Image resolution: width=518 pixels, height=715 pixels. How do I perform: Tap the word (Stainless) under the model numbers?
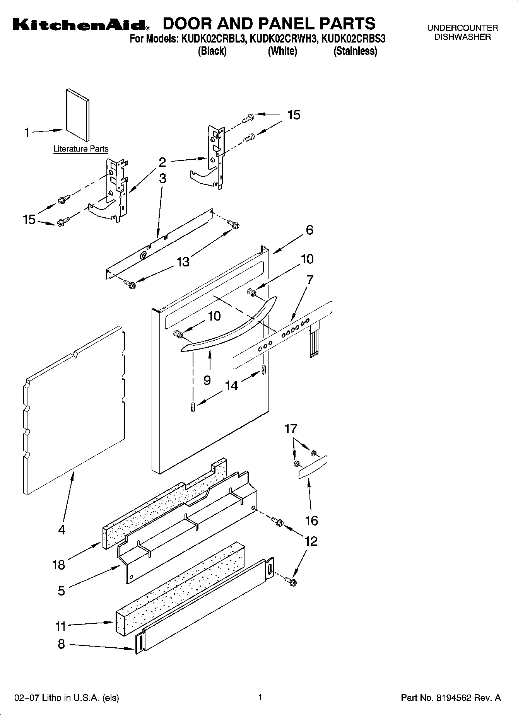[355, 51]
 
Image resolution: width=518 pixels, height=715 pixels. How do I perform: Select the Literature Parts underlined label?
[80, 149]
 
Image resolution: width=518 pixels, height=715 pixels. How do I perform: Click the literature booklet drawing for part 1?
[78, 115]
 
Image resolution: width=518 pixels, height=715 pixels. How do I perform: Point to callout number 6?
[309, 230]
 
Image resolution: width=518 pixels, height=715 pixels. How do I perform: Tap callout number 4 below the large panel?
[62, 529]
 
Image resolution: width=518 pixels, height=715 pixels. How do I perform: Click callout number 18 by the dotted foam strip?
[58, 565]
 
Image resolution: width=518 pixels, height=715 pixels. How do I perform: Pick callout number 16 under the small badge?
[311, 520]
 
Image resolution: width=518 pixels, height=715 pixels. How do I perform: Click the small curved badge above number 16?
[313, 467]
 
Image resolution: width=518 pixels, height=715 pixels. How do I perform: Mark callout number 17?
[291, 428]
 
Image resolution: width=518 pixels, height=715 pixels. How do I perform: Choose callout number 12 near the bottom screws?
[311, 541]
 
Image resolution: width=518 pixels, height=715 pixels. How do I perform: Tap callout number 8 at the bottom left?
[61, 644]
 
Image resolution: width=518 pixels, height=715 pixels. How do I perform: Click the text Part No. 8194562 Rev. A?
[451, 698]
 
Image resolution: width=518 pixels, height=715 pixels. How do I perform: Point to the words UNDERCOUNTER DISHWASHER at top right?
[462, 32]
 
